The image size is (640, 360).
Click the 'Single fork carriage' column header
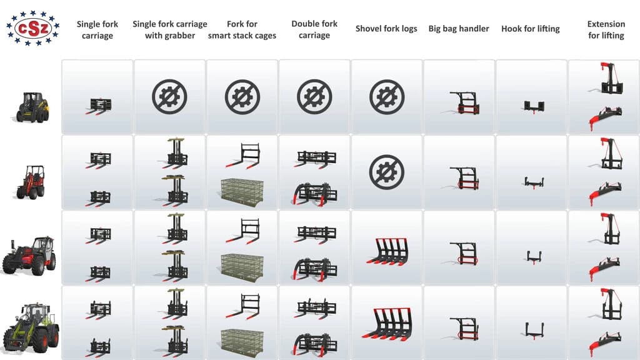(x=97, y=30)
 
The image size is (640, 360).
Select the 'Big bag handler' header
(x=458, y=29)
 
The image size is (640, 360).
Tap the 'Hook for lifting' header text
(x=530, y=29)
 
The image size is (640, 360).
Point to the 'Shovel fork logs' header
(x=386, y=29)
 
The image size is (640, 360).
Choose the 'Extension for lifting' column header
(x=606, y=30)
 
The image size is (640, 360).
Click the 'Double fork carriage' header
(x=314, y=29)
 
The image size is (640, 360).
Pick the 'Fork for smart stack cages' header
(x=242, y=30)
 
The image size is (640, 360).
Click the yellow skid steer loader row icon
(x=33, y=107)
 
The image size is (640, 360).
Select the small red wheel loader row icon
(x=31, y=182)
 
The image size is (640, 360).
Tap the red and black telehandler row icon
(x=29, y=256)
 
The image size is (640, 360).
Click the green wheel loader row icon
(x=31, y=328)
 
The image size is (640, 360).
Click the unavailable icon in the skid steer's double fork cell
(x=314, y=97)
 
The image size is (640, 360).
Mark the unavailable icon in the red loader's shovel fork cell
(x=386, y=172)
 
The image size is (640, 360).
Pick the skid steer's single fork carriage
(x=99, y=106)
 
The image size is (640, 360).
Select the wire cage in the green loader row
(x=242, y=341)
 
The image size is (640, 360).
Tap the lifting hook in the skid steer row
(x=534, y=107)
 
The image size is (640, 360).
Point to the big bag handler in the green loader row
(x=464, y=329)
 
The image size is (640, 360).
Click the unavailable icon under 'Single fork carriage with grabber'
(x=170, y=97)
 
